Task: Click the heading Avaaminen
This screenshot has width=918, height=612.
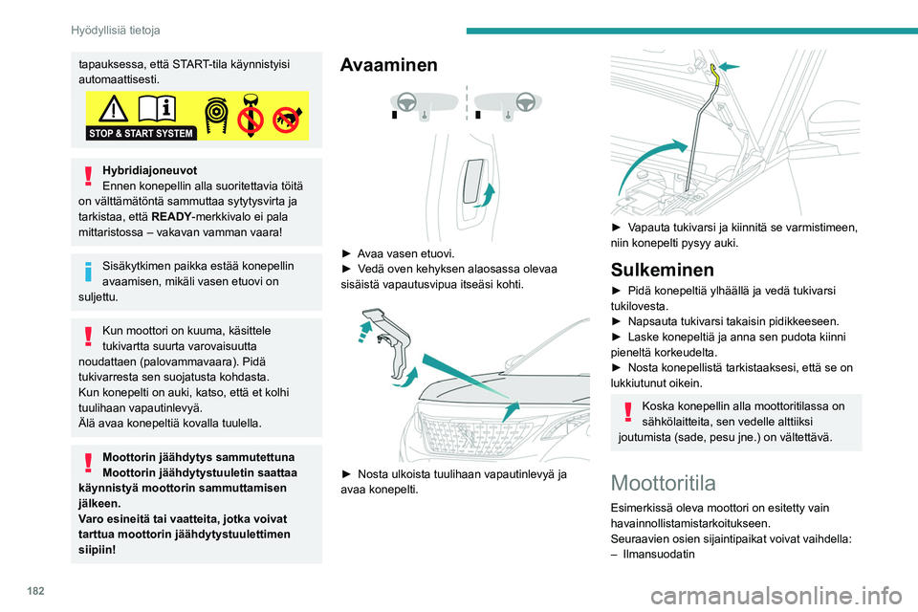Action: [389, 65]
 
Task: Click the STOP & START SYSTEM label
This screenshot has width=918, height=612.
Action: [141, 133]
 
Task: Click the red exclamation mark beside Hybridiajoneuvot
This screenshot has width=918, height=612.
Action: [88, 175]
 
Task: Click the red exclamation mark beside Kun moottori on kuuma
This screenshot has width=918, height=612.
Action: [88, 336]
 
